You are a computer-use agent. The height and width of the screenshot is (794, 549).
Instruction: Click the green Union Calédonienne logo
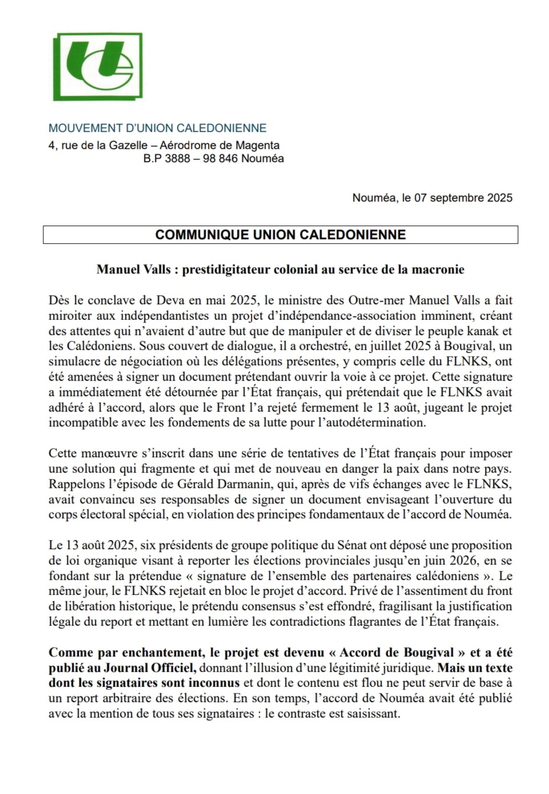coord(98,67)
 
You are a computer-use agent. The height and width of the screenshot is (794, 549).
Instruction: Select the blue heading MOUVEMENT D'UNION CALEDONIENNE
coord(157,128)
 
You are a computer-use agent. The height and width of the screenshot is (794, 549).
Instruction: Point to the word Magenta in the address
coord(257,146)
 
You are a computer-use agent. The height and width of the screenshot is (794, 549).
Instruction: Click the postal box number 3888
coord(177,159)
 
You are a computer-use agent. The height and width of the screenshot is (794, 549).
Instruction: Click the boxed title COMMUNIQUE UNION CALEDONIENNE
coord(280,235)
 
